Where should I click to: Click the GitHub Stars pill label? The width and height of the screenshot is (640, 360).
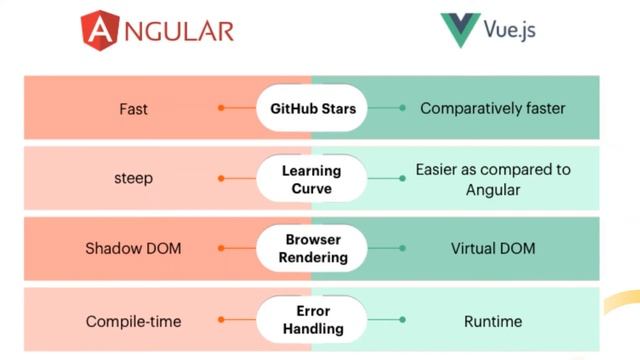(312, 108)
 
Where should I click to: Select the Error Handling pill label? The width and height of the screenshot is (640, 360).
(313, 320)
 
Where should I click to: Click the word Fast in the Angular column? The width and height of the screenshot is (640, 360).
(133, 108)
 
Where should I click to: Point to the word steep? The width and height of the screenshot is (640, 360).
(132, 179)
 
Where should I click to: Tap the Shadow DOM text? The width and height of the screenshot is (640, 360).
(133, 248)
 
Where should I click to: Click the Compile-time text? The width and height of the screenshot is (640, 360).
(133, 321)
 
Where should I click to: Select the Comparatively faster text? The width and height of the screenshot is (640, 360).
(493, 108)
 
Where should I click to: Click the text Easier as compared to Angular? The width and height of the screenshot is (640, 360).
(493, 179)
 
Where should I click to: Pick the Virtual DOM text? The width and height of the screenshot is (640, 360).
(493, 248)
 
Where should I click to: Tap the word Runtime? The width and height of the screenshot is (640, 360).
(493, 321)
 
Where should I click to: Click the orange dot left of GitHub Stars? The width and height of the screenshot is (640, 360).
(222, 108)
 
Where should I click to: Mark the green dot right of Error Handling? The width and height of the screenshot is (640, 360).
(402, 320)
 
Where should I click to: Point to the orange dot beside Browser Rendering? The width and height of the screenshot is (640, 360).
(222, 249)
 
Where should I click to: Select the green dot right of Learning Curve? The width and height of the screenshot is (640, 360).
(402, 179)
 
